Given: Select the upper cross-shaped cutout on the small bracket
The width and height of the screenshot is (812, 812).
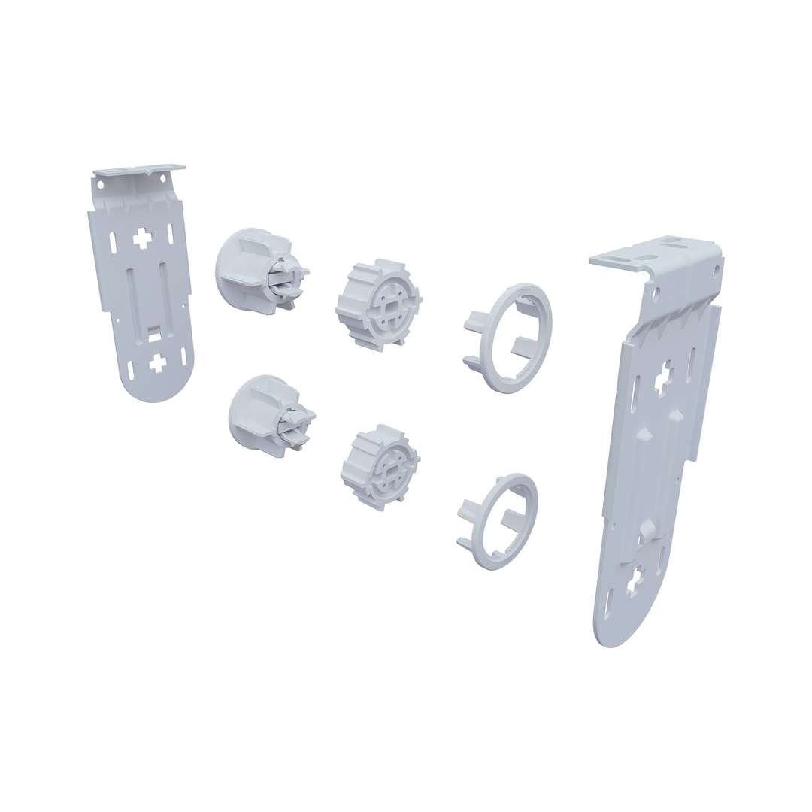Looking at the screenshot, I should click(142, 239).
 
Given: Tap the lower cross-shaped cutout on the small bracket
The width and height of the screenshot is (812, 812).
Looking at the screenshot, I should click(157, 363).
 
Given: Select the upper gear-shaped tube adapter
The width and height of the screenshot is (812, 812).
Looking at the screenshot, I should click(377, 305).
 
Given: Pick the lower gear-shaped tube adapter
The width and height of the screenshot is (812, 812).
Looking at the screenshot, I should click(379, 466).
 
